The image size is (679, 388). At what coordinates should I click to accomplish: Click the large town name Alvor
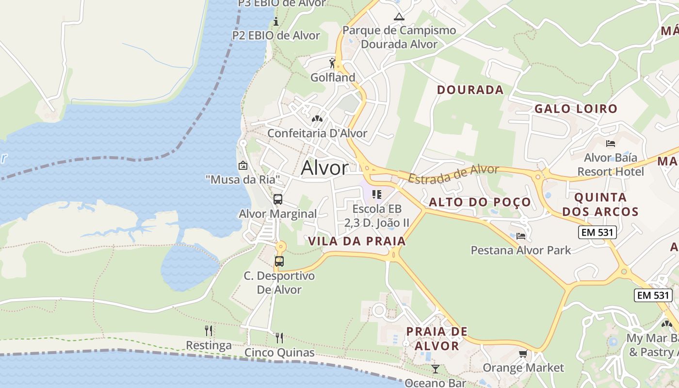324,168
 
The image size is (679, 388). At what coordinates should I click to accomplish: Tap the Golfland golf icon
332,64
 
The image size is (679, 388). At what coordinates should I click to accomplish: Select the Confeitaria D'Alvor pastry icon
317,118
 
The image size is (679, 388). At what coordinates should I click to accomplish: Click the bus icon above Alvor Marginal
278,199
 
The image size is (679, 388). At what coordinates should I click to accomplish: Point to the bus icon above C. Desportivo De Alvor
279,261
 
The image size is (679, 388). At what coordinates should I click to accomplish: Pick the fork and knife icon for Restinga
209,331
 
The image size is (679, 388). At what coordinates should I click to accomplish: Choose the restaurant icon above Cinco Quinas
279,338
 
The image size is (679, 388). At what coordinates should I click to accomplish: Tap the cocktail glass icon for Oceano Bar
435,369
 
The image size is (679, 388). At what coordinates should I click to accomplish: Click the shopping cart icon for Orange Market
523,354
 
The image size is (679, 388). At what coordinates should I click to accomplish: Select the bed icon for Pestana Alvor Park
521,236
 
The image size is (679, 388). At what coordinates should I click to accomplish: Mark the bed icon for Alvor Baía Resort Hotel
611,144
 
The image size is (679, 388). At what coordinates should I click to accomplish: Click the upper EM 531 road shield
597,232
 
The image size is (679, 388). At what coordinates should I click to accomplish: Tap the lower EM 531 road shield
653,295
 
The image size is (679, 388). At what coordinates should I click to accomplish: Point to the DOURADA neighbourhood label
470,90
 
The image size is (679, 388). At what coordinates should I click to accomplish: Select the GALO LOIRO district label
575,109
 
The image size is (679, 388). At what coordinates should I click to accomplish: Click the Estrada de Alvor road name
453,174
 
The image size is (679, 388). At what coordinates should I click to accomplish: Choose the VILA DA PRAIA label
356,241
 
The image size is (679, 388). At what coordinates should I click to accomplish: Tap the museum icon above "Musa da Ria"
243,166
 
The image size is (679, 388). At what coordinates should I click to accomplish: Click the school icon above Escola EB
376,194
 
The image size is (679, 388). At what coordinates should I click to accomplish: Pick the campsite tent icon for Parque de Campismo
399,17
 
